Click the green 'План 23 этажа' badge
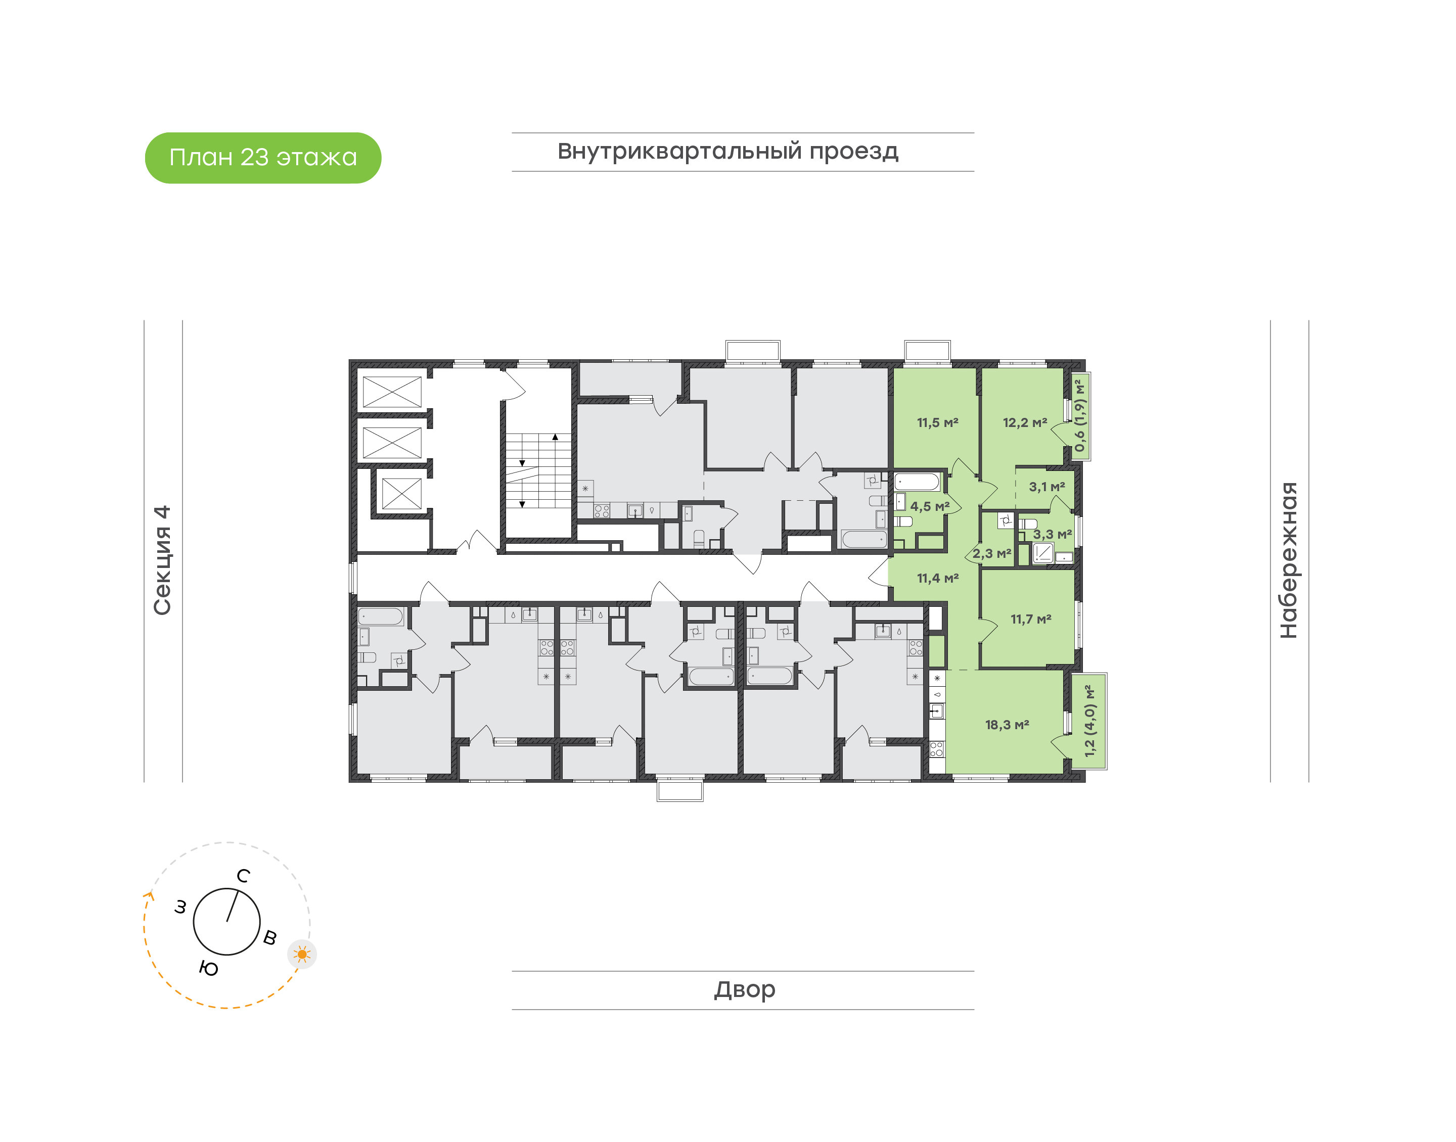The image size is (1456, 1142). coord(263,158)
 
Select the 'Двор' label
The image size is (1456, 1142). coord(744,989)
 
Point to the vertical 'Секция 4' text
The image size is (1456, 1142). coord(162,560)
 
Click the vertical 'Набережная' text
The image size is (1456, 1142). coord(1288,560)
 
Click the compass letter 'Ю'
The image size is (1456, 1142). coord(209,968)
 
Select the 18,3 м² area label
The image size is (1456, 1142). coord(1007,725)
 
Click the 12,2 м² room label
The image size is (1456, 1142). coord(1025,422)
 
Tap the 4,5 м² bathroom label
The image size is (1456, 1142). coord(930,507)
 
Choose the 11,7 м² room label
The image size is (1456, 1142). coord(1031,619)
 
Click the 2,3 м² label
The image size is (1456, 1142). coord(992,554)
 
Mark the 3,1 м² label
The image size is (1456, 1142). coord(1046,487)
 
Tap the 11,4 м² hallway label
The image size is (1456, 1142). coord(938,579)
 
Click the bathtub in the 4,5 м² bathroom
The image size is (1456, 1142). coord(918,482)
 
